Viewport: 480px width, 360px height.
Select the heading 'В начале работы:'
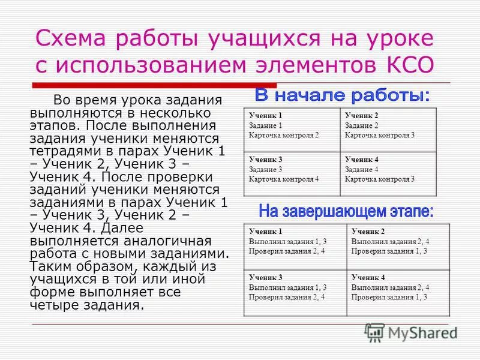point(342,95)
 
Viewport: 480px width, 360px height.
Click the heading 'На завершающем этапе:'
point(346,211)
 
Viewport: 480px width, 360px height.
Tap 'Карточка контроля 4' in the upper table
point(284,179)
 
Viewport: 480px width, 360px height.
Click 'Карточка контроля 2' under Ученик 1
point(284,135)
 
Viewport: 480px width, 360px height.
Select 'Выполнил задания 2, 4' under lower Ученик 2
point(390,241)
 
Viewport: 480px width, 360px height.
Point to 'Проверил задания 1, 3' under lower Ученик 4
point(389,297)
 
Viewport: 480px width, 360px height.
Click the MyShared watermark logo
point(411,332)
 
